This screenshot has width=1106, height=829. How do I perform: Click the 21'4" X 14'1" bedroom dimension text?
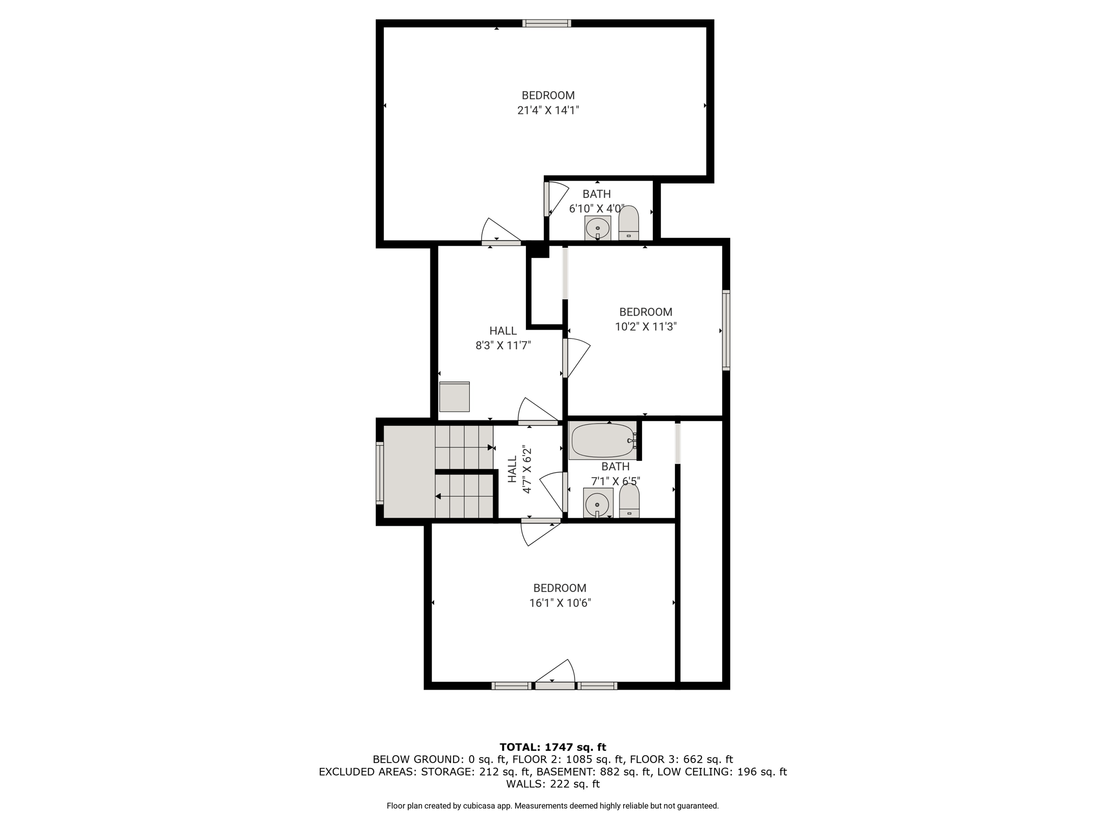(548, 111)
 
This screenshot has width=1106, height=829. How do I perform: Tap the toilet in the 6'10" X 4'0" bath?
(629, 223)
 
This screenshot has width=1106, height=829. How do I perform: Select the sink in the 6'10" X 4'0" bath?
(597, 228)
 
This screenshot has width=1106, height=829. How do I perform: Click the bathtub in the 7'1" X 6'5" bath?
(603, 441)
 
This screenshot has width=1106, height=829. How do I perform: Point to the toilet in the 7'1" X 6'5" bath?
(629, 501)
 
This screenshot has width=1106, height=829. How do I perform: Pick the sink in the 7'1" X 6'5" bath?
(598, 503)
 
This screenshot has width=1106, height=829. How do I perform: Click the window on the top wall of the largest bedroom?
(547, 23)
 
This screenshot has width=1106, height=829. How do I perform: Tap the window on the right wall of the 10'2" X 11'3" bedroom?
(726, 330)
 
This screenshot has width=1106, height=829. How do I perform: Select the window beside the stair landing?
(380, 473)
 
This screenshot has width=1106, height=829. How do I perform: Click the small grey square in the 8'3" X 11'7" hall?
(454, 397)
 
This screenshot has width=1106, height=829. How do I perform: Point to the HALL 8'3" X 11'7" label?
(503, 338)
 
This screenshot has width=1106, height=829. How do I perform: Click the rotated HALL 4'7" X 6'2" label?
(520, 469)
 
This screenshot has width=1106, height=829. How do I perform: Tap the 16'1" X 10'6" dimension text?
(560, 603)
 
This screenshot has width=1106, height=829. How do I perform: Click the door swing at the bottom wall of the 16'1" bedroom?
(555, 675)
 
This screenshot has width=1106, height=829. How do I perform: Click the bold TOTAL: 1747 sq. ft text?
(553, 747)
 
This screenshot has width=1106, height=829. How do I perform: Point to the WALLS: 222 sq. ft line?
(553, 784)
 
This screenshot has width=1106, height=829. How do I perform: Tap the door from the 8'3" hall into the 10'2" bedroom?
(576, 358)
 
